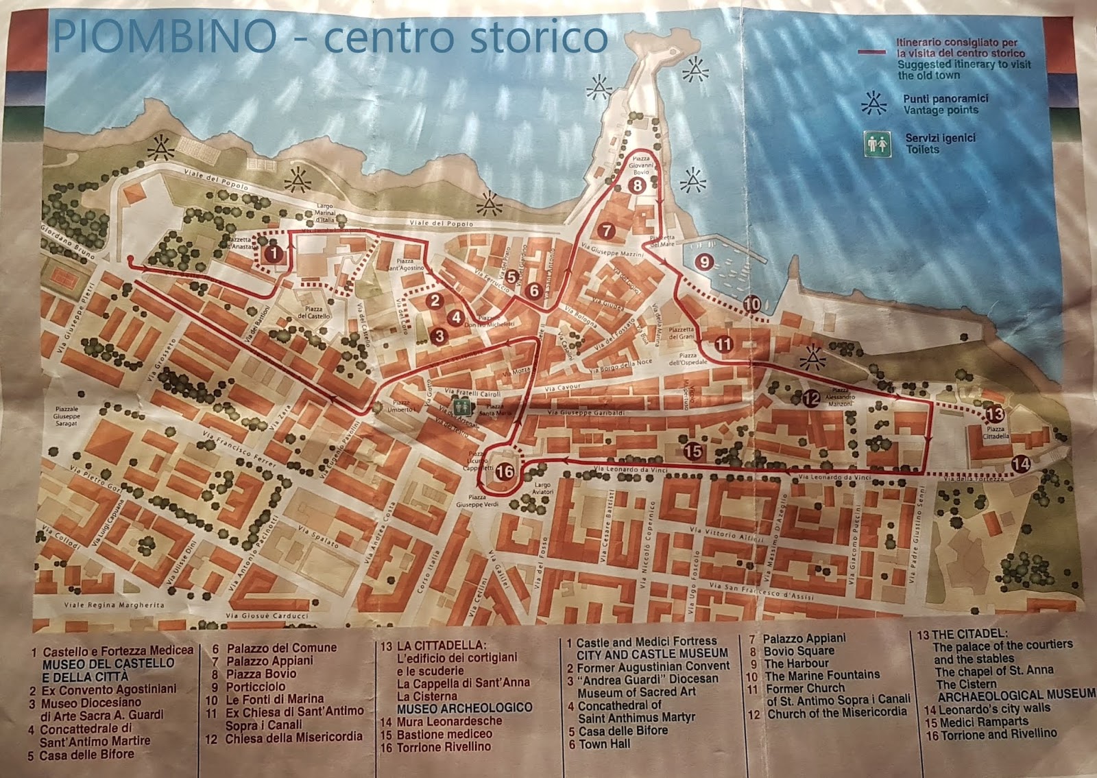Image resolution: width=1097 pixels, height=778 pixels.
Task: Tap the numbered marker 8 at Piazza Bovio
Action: (x=637, y=185)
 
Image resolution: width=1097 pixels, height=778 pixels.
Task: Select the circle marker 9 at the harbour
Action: (x=704, y=261)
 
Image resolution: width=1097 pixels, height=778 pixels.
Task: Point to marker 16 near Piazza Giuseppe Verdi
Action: (x=504, y=472)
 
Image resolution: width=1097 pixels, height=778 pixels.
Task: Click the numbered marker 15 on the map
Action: (x=693, y=451)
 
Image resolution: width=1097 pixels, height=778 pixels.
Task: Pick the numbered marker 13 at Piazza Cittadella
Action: (x=995, y=414)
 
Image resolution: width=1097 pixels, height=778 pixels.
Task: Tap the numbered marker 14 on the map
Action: (x=1021, y=464)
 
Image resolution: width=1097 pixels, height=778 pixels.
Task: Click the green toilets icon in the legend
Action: (x=877, y=144)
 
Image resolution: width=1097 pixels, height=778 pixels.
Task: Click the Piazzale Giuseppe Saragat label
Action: (x=67, y=416)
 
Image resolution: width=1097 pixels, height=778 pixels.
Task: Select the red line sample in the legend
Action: (x=876, y=51)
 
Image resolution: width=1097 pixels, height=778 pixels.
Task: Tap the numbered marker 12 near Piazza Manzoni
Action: (x=811, y=398)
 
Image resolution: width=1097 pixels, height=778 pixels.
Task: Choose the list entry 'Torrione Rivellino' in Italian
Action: (x=444, y=746)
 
